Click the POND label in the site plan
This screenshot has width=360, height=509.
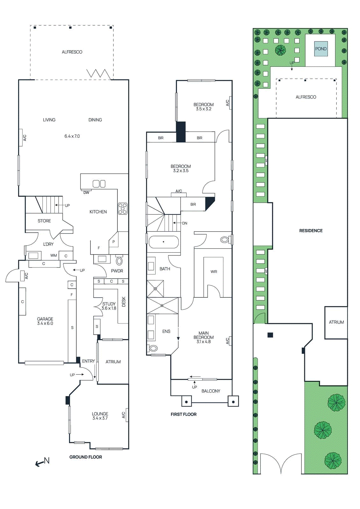point(321,49)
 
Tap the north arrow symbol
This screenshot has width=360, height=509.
point(43,462)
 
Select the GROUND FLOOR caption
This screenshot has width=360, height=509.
point(86,457)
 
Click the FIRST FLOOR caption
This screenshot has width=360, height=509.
point(183,414)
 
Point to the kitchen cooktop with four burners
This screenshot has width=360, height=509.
point(123,208)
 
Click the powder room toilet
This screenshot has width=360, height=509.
point(119,261)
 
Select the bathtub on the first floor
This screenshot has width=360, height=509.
point(164,242)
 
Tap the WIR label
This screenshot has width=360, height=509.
point(214,272)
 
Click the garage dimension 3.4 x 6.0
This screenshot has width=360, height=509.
point(45,323)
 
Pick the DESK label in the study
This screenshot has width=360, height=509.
point(124,302)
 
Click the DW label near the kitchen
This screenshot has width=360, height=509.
point(86,192)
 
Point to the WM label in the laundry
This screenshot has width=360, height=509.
point(53,255)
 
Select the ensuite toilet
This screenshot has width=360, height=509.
point(153,348)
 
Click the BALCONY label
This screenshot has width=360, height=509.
point(211,391)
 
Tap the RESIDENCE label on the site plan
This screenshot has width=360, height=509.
point(311,231)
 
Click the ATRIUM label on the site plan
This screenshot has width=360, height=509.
point(336,322)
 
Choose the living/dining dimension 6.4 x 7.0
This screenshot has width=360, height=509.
point(72,136)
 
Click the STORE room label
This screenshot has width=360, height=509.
point(44,221)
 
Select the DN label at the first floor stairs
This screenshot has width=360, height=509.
point(185,223)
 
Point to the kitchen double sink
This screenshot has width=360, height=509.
point(99,184)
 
